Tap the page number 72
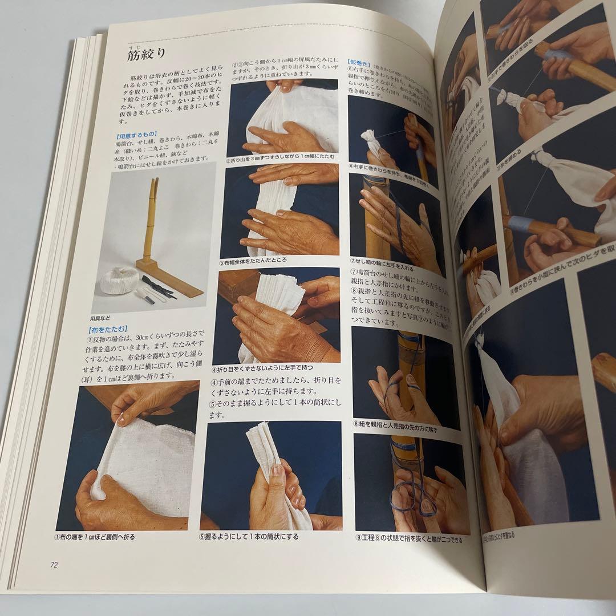(x=54, y=565)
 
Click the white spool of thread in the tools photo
(x=120, y=281)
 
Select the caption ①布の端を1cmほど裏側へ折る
(x=96, y=537)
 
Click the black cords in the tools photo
(x=159, y=286)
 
